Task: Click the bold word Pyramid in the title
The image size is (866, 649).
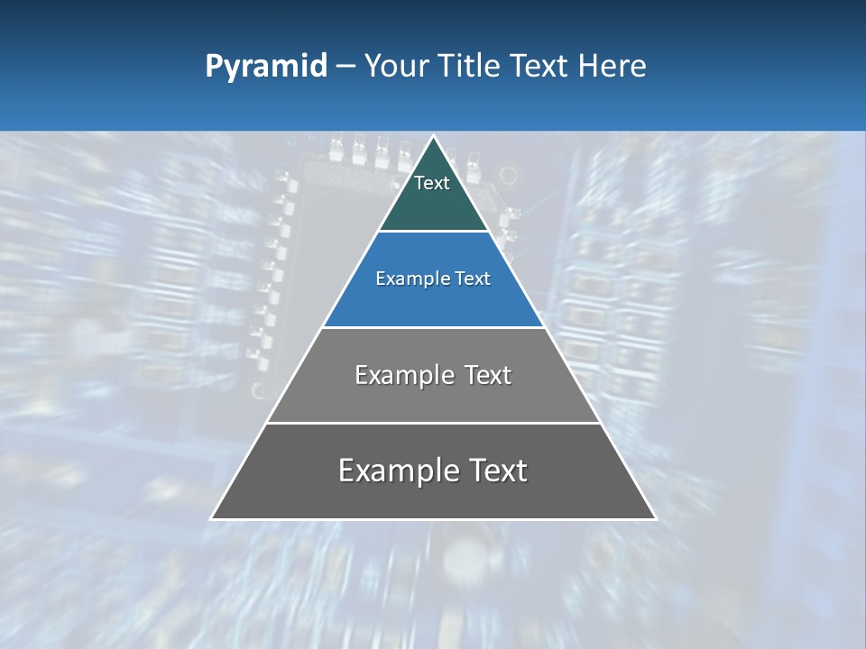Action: point(266,67)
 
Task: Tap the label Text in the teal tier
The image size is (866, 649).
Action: point(432,183)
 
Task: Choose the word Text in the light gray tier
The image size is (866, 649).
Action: point(488,375)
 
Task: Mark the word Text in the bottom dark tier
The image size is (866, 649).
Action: point(498,471)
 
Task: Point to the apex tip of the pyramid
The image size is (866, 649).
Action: point(433,138)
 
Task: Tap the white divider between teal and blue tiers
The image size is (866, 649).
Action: point(433,232)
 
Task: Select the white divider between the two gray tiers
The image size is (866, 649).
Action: point(433,423)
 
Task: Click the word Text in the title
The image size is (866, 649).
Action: point(539,67)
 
